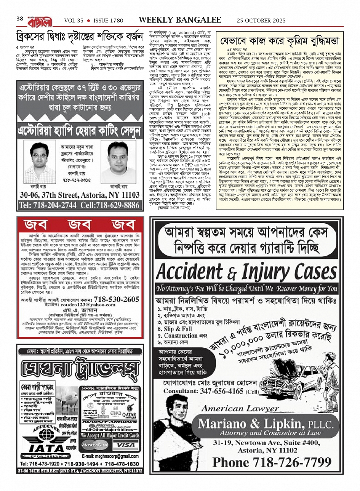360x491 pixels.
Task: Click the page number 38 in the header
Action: [x=20, y=19]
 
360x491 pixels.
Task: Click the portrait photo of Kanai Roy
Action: [x=118, y=162]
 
